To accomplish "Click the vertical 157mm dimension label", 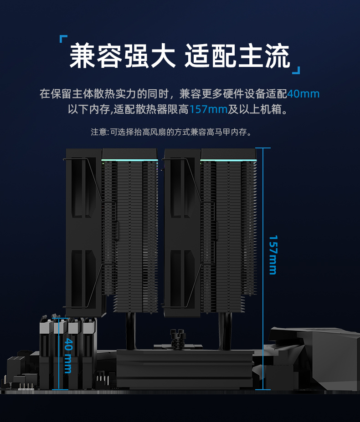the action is tap(273, 255).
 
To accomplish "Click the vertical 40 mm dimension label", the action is tap(68, 356).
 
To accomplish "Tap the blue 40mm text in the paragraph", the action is tap(303, 94).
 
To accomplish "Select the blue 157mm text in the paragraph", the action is tap(209, 109).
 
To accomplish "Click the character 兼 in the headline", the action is tap(82, 56).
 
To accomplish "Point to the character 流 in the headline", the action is tap(277, 56).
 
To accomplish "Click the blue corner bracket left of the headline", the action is tap(63, 39).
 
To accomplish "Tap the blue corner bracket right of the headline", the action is tap(296, 70).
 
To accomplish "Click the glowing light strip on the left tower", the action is tap(130, 160).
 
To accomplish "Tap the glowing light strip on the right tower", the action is tap(228, 160).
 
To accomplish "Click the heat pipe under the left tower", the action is tap(131, 331).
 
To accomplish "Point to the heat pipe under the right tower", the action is tap(225, 331).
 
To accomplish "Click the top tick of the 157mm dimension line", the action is tap(263, 148).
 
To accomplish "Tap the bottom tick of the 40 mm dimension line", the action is tap(60, 389).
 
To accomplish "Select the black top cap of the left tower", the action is tap(130, 154).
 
